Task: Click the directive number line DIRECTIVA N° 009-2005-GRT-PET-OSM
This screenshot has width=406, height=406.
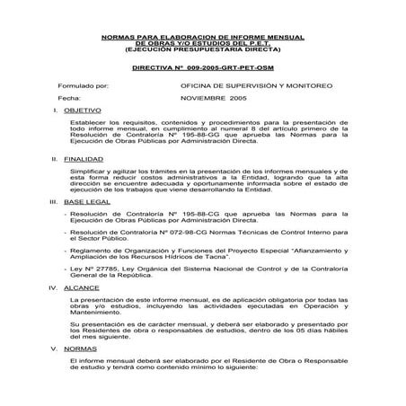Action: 201,67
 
